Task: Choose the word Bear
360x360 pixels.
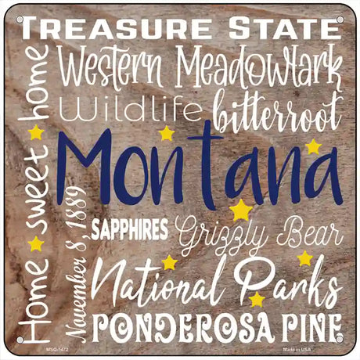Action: [x=310, y=233]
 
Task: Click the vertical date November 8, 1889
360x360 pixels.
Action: [x=78, y=266]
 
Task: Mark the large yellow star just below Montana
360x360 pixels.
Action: [x=240, y=211]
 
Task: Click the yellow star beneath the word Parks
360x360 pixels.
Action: [x=257, y=300]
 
